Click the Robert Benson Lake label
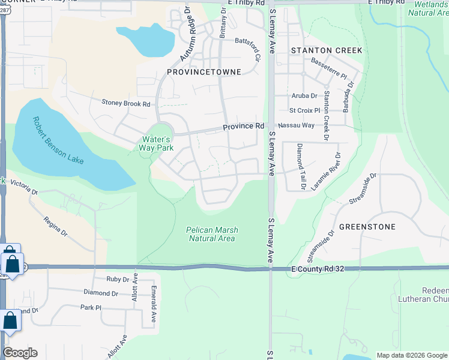point(59,141)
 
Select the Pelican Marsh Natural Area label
point(211,233)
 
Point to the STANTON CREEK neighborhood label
point(327,50)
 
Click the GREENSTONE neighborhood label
point(367,227)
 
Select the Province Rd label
point(244,127)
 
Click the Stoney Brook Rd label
point(125,104)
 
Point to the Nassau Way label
point(300,125)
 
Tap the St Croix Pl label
point(305,110)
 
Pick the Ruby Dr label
point(117,279)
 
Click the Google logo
point(20,353)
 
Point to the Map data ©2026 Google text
point(412,355)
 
